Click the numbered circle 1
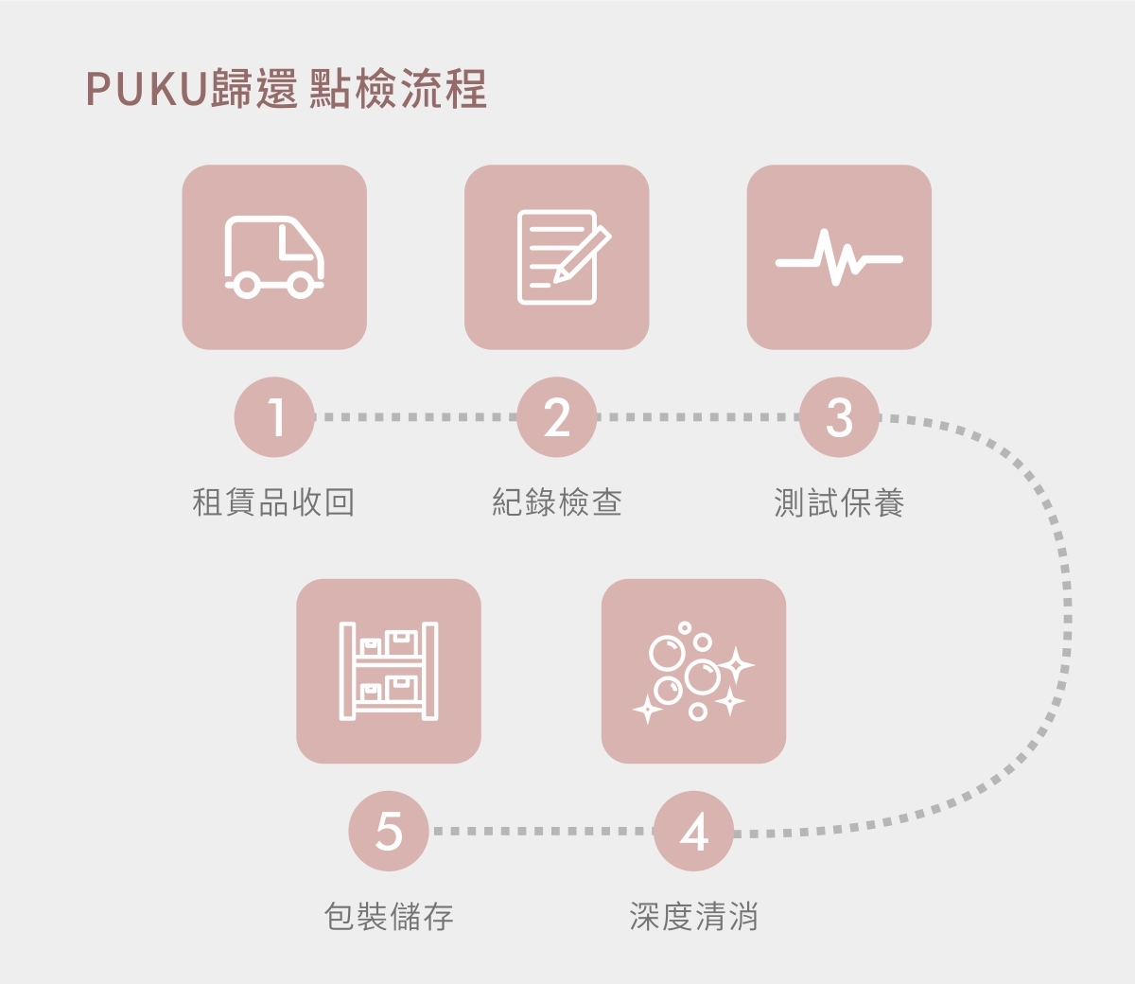(x=274, y=417)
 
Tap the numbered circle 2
(x=557, y=417)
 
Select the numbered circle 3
(x=839, y=417)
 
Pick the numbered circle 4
(x=693, y=832)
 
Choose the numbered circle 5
(x=389, y=832)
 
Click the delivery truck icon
(x=274, y=257)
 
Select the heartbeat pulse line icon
(x=839, y=257)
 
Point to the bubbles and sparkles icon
(x=693, y=672)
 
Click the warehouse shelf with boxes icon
(x=389, y=672)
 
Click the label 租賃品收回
(x=273, y=502)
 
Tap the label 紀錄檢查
(x=557, y=502)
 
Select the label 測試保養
(x=839, y=502)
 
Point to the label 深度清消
(x=693, y=917)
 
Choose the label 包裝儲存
(x=389, y=917)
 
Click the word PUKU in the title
(x=147, y=91)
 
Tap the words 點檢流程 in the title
(x=398, y=91)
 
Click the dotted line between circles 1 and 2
(x=416, y=417)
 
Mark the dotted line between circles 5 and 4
(x=541, y=832)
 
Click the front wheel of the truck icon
(x=302, y=284)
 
